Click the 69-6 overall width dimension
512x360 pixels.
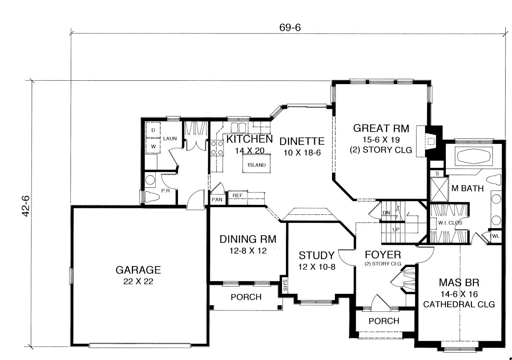[290, 28]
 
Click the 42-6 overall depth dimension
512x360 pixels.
[26, 206]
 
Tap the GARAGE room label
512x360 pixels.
[138, 270]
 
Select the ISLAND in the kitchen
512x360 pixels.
[256, 163]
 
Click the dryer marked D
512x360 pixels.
[153, 130]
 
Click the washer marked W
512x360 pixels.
[153, 146]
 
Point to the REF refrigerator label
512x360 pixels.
[238, 196]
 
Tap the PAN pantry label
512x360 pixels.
[217, 200]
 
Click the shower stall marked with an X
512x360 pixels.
[439, 190]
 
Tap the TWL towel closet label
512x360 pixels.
[494, 236]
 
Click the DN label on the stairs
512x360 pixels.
[386, 213]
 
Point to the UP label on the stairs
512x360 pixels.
[396, 229]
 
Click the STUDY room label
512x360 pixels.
[317, 255]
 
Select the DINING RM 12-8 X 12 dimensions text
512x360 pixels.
[248, 251]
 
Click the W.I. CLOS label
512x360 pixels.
[450, 223]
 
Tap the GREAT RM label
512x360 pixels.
[381, 128]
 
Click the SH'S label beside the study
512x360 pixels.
[285, 285]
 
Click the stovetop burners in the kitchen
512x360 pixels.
[217, 148]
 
